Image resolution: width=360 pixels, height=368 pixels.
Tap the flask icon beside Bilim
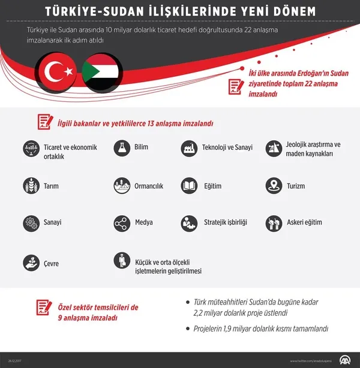pos(122,147)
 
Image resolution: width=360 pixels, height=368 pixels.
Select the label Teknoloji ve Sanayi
pos(227,147)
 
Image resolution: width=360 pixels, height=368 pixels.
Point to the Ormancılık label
pos(149,186)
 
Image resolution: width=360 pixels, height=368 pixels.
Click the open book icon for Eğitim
pos(189,186)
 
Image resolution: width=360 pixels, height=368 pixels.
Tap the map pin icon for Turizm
pos(274,186)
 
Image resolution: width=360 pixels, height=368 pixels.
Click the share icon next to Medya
pos(122,222)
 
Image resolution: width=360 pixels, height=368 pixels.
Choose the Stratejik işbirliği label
pos(226,222)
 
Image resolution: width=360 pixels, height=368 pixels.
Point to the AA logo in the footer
pos(345,360)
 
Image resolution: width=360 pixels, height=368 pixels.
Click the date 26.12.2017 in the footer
pos(14,361)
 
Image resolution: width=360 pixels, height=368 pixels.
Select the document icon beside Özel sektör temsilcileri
pos(42,308)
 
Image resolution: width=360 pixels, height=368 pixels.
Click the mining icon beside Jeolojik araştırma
pos(274,147)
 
